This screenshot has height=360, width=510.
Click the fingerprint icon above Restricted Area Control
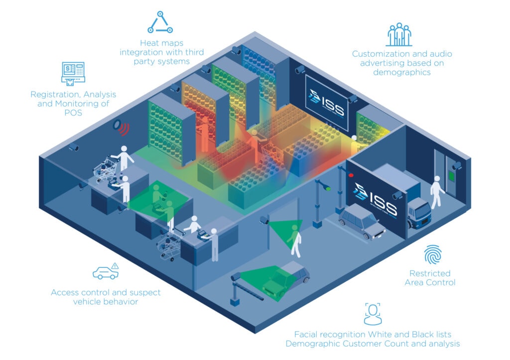point(432,254)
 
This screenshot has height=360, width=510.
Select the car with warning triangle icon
point(106,271)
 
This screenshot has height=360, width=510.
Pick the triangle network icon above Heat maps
point(160,22)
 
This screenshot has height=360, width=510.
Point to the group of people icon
point(399,34)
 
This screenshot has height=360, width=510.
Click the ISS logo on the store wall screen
point(327,102)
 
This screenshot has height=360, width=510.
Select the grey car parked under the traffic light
point(362,222)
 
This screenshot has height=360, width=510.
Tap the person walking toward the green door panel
point(437,192)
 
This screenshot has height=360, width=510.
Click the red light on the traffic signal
point(351,175)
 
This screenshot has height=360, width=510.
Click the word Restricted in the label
point(429,273)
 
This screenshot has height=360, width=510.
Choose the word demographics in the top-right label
point(401,72)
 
